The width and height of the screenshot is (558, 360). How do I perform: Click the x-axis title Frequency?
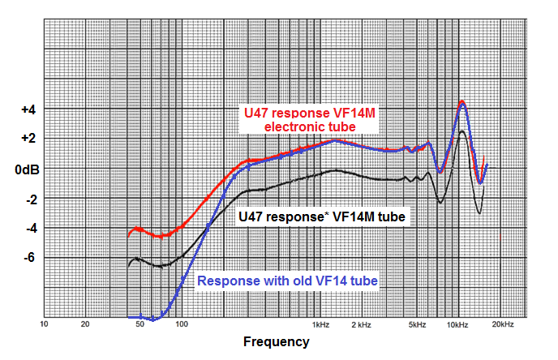click(276, 342)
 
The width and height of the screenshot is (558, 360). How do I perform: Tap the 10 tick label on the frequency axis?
click(45, 325)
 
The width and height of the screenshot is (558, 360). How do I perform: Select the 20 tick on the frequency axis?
click(85, 325)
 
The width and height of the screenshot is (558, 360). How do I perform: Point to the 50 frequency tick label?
click(139, 325)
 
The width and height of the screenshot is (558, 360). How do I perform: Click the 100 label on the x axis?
click(182, 325)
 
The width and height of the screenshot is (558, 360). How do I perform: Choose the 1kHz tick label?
click(321, 325)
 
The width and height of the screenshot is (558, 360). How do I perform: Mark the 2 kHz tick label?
click(362, 325)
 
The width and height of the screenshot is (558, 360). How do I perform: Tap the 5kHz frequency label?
click(417, 325)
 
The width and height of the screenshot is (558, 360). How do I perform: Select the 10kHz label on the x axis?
click(458, 325)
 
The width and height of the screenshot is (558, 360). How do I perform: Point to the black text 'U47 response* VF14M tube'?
click(322, 217)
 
